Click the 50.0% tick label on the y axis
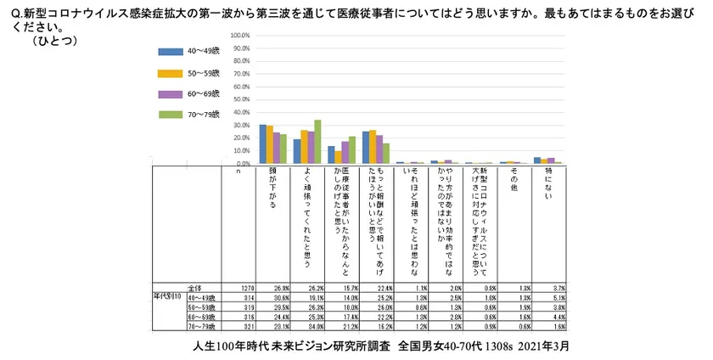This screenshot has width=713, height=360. point(239,99)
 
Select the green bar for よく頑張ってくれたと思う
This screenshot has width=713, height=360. point(317,141)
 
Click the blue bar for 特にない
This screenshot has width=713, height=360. point(536,160)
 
